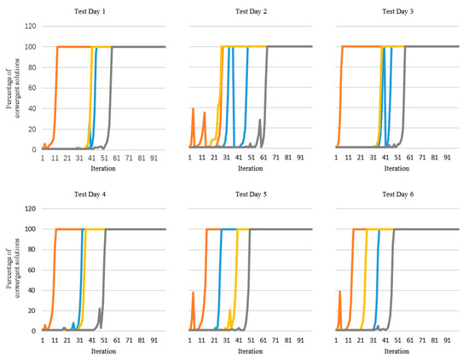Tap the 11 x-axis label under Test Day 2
[x=204, y=159]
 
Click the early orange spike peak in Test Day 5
[x=194, y=293]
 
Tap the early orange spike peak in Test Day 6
[x=340, y=291]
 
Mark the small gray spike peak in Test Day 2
[x=260, y=120]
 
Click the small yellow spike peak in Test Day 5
[x=230, y=310]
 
